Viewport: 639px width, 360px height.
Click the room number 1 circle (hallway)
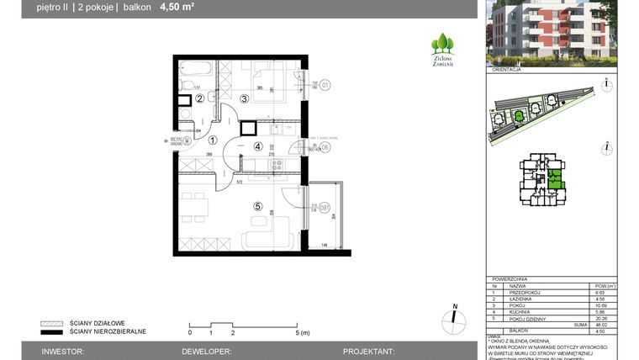point(213,140)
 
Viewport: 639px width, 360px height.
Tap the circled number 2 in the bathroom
point(200,98)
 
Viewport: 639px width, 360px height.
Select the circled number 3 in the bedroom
point(244,98)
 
